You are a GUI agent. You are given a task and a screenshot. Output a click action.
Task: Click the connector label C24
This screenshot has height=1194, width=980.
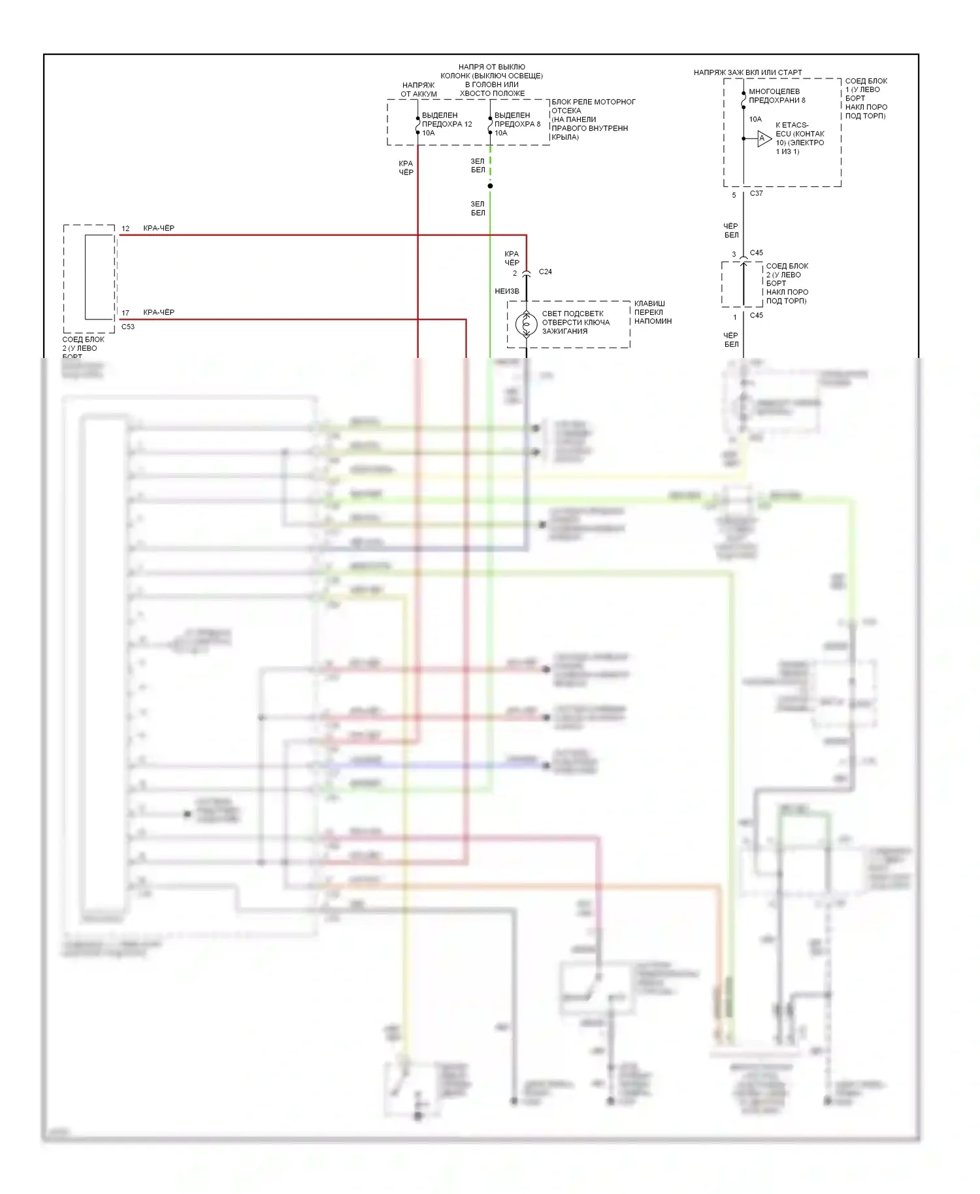pos(545,272)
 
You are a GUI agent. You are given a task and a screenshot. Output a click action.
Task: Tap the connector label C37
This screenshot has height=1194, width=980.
pos(756,193)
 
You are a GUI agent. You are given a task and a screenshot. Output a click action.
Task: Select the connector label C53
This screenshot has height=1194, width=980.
pos(128,327)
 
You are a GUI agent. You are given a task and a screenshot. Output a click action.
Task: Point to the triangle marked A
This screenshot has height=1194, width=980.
pos(763,138)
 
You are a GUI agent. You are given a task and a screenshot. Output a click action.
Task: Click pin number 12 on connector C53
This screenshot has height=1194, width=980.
pos(125,229)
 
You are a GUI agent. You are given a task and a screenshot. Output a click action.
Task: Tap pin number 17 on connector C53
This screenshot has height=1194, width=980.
pos(125,313)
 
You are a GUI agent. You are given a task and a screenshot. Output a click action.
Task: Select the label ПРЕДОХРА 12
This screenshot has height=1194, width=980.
pos(447,124)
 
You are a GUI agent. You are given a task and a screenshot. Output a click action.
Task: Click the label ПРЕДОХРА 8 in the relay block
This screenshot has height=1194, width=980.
pos(517,124)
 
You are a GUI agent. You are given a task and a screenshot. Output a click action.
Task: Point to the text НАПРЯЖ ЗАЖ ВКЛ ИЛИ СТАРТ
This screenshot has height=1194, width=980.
pos(747,73)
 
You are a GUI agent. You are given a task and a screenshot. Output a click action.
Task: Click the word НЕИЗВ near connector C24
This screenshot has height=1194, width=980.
pos(507,291)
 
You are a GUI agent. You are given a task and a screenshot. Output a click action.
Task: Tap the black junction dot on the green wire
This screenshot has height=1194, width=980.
pos(490,186)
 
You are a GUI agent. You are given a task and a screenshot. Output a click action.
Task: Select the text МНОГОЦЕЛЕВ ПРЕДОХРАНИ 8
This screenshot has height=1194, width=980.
pos(777,96)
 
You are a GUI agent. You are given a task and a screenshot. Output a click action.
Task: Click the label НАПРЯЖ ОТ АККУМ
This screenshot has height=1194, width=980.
pos(419,89)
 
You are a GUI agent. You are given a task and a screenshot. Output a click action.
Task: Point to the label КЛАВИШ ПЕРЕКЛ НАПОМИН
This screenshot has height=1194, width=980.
pos(653,312)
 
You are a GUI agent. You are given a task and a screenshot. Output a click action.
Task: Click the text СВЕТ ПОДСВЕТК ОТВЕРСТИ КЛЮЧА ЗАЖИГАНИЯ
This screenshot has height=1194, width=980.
pos(576,322)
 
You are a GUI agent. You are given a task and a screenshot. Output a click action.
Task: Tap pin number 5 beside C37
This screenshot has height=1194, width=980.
pos(734,195)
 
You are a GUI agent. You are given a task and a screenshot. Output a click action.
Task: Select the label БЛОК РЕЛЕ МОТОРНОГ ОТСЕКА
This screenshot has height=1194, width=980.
pos(593,106)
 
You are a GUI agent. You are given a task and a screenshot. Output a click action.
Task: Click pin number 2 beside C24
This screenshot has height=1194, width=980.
pos(515,273)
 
